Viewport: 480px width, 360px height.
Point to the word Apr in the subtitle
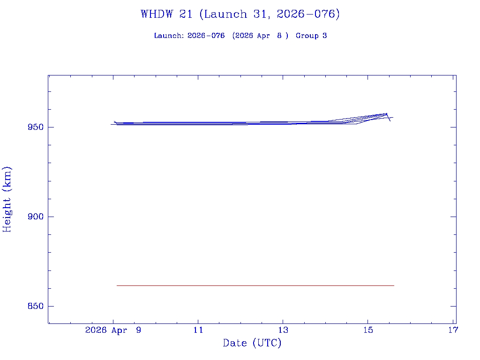pos(263,36)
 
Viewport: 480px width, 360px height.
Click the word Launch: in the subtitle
pos(169,36)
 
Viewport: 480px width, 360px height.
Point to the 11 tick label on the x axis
pos(198,330)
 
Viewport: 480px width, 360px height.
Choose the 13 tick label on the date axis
pos(283,330)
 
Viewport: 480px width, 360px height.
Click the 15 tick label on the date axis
pos(368,330)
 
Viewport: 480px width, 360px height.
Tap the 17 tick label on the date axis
pos(453,330)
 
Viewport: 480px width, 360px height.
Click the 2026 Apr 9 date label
pos(113,330)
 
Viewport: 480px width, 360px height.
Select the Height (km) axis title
pos(7,199)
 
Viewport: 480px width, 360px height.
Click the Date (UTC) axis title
pos(252,343)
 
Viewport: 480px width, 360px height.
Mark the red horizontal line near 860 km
pos(255,285)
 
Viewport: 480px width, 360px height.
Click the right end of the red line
pos(394,285)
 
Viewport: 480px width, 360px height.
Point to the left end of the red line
pos(117,285)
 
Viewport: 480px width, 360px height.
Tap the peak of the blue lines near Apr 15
pos(386,113)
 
